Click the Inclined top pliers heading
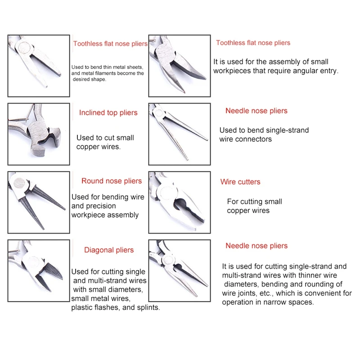(108, 113)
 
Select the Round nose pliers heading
(112, 181)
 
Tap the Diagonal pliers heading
(109, 250)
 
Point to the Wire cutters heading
(240, 182)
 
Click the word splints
(148, 308)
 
